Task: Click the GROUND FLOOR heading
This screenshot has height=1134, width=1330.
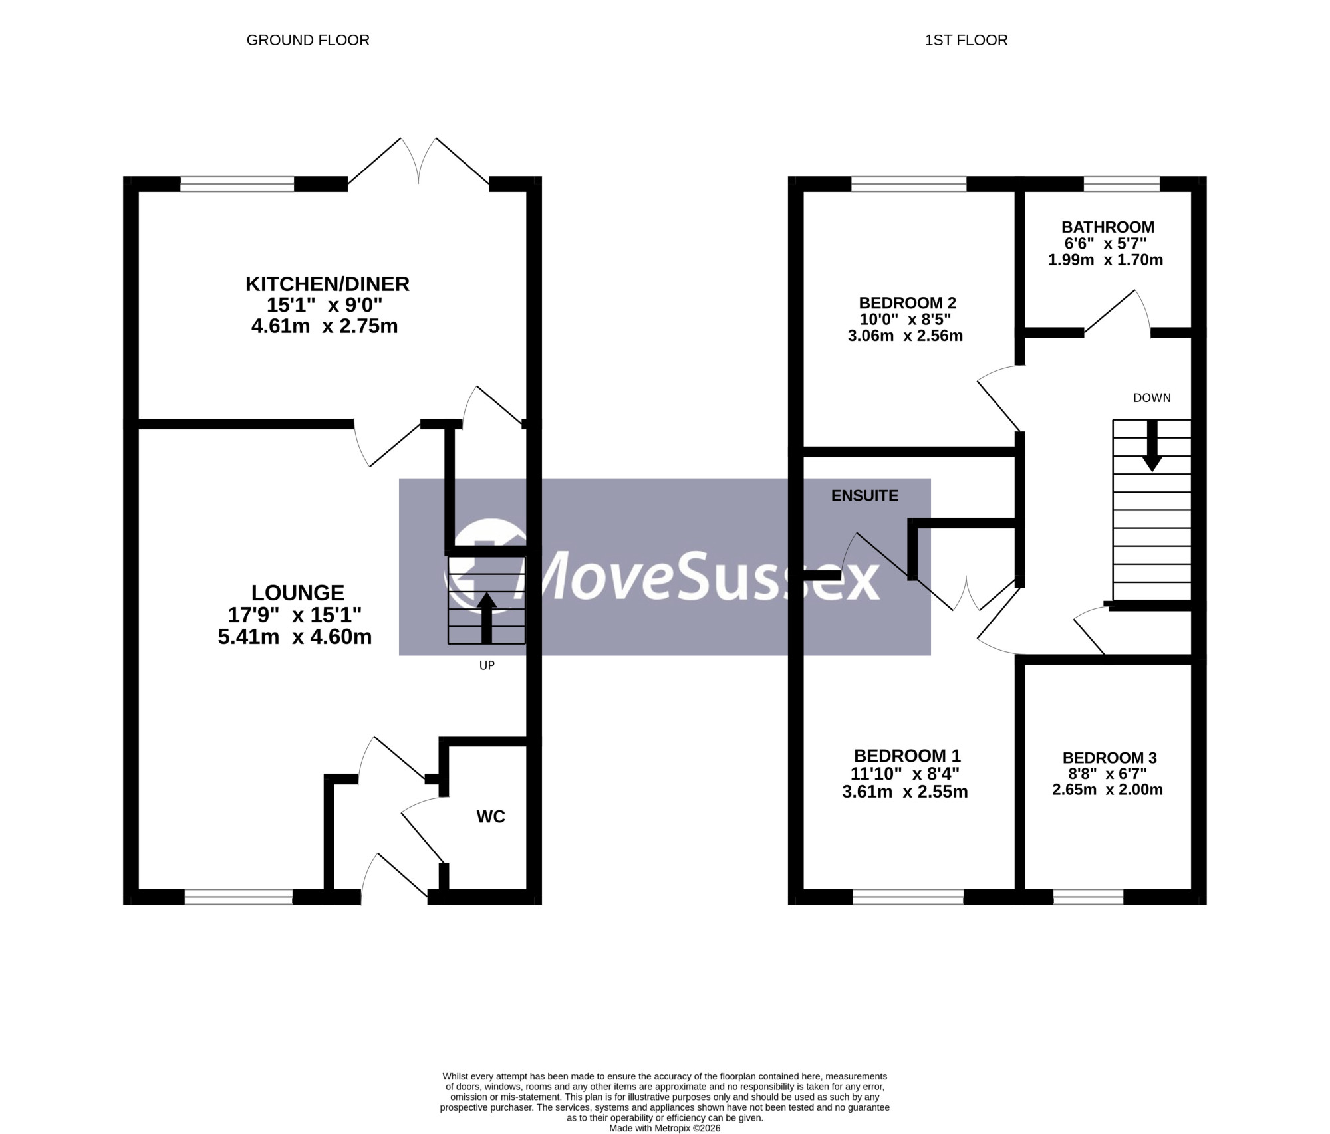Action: click(x=308, y=40)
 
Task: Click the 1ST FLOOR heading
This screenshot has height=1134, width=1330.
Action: click(x=966, y=40)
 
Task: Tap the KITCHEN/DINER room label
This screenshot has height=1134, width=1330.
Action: click(x=327, y=284)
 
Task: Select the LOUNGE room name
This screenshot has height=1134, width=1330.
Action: click(x=298, y=592)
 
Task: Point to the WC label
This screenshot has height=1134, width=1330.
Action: click(x=491, y=816)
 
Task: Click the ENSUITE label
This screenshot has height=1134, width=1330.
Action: click(x=864, y=495)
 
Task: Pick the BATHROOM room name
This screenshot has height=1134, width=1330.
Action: click(x=1108, y=227)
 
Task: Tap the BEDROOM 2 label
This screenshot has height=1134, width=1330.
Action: click(x=907, y=303)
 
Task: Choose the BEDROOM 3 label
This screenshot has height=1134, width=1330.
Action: click(x=1109, y=758)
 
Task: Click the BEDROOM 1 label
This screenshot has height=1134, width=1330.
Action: click(x=907, y=756)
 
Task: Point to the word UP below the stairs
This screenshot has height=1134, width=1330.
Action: click(x=487, y=665)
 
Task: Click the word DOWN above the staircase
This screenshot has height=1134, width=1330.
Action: click(x=1152, y=397)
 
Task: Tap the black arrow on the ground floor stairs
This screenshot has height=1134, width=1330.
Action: click(x=487, y=618)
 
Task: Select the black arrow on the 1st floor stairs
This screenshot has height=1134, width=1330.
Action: click(x=1152, y=445)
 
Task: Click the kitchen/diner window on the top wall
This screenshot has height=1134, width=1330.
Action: click(x=237, y=184)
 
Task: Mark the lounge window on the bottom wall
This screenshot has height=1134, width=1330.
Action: click(x=238, y=897)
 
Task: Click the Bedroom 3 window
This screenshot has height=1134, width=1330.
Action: click(x=1088, y=897)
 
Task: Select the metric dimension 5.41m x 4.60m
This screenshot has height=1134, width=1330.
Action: click(x=295, y=637)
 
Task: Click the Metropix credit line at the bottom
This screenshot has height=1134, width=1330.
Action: click(x=664, y=1128)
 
